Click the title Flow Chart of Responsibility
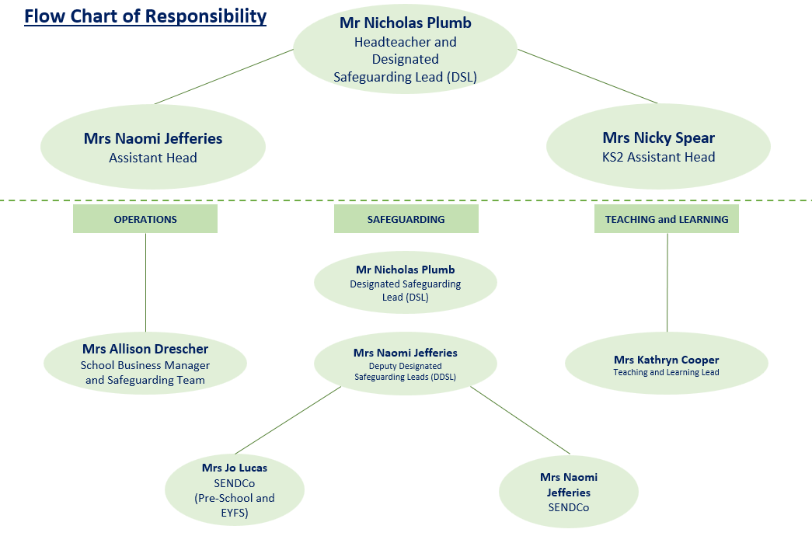145,16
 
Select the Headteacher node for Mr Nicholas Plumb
405,50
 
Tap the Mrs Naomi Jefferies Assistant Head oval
153,147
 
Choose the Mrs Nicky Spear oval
658,147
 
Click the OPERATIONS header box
145,219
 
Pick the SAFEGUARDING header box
406,219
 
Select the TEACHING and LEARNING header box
667,219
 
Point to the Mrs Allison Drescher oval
145,364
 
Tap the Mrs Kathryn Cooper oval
666,364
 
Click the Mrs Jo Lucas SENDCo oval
234,490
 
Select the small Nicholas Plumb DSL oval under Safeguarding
405,282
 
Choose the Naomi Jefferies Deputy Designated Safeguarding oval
405,364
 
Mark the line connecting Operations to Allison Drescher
145,284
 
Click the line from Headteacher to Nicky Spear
587,75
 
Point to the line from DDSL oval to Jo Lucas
288,420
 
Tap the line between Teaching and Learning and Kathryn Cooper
667,284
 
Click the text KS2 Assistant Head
658,158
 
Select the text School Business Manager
145,365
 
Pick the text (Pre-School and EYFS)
234,505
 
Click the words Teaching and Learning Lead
666,372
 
